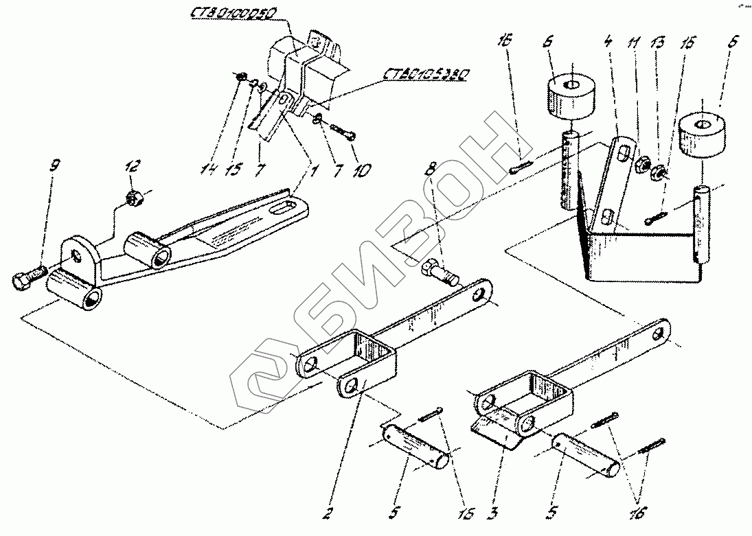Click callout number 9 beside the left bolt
[55, 165]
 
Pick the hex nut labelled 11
[644, 165]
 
